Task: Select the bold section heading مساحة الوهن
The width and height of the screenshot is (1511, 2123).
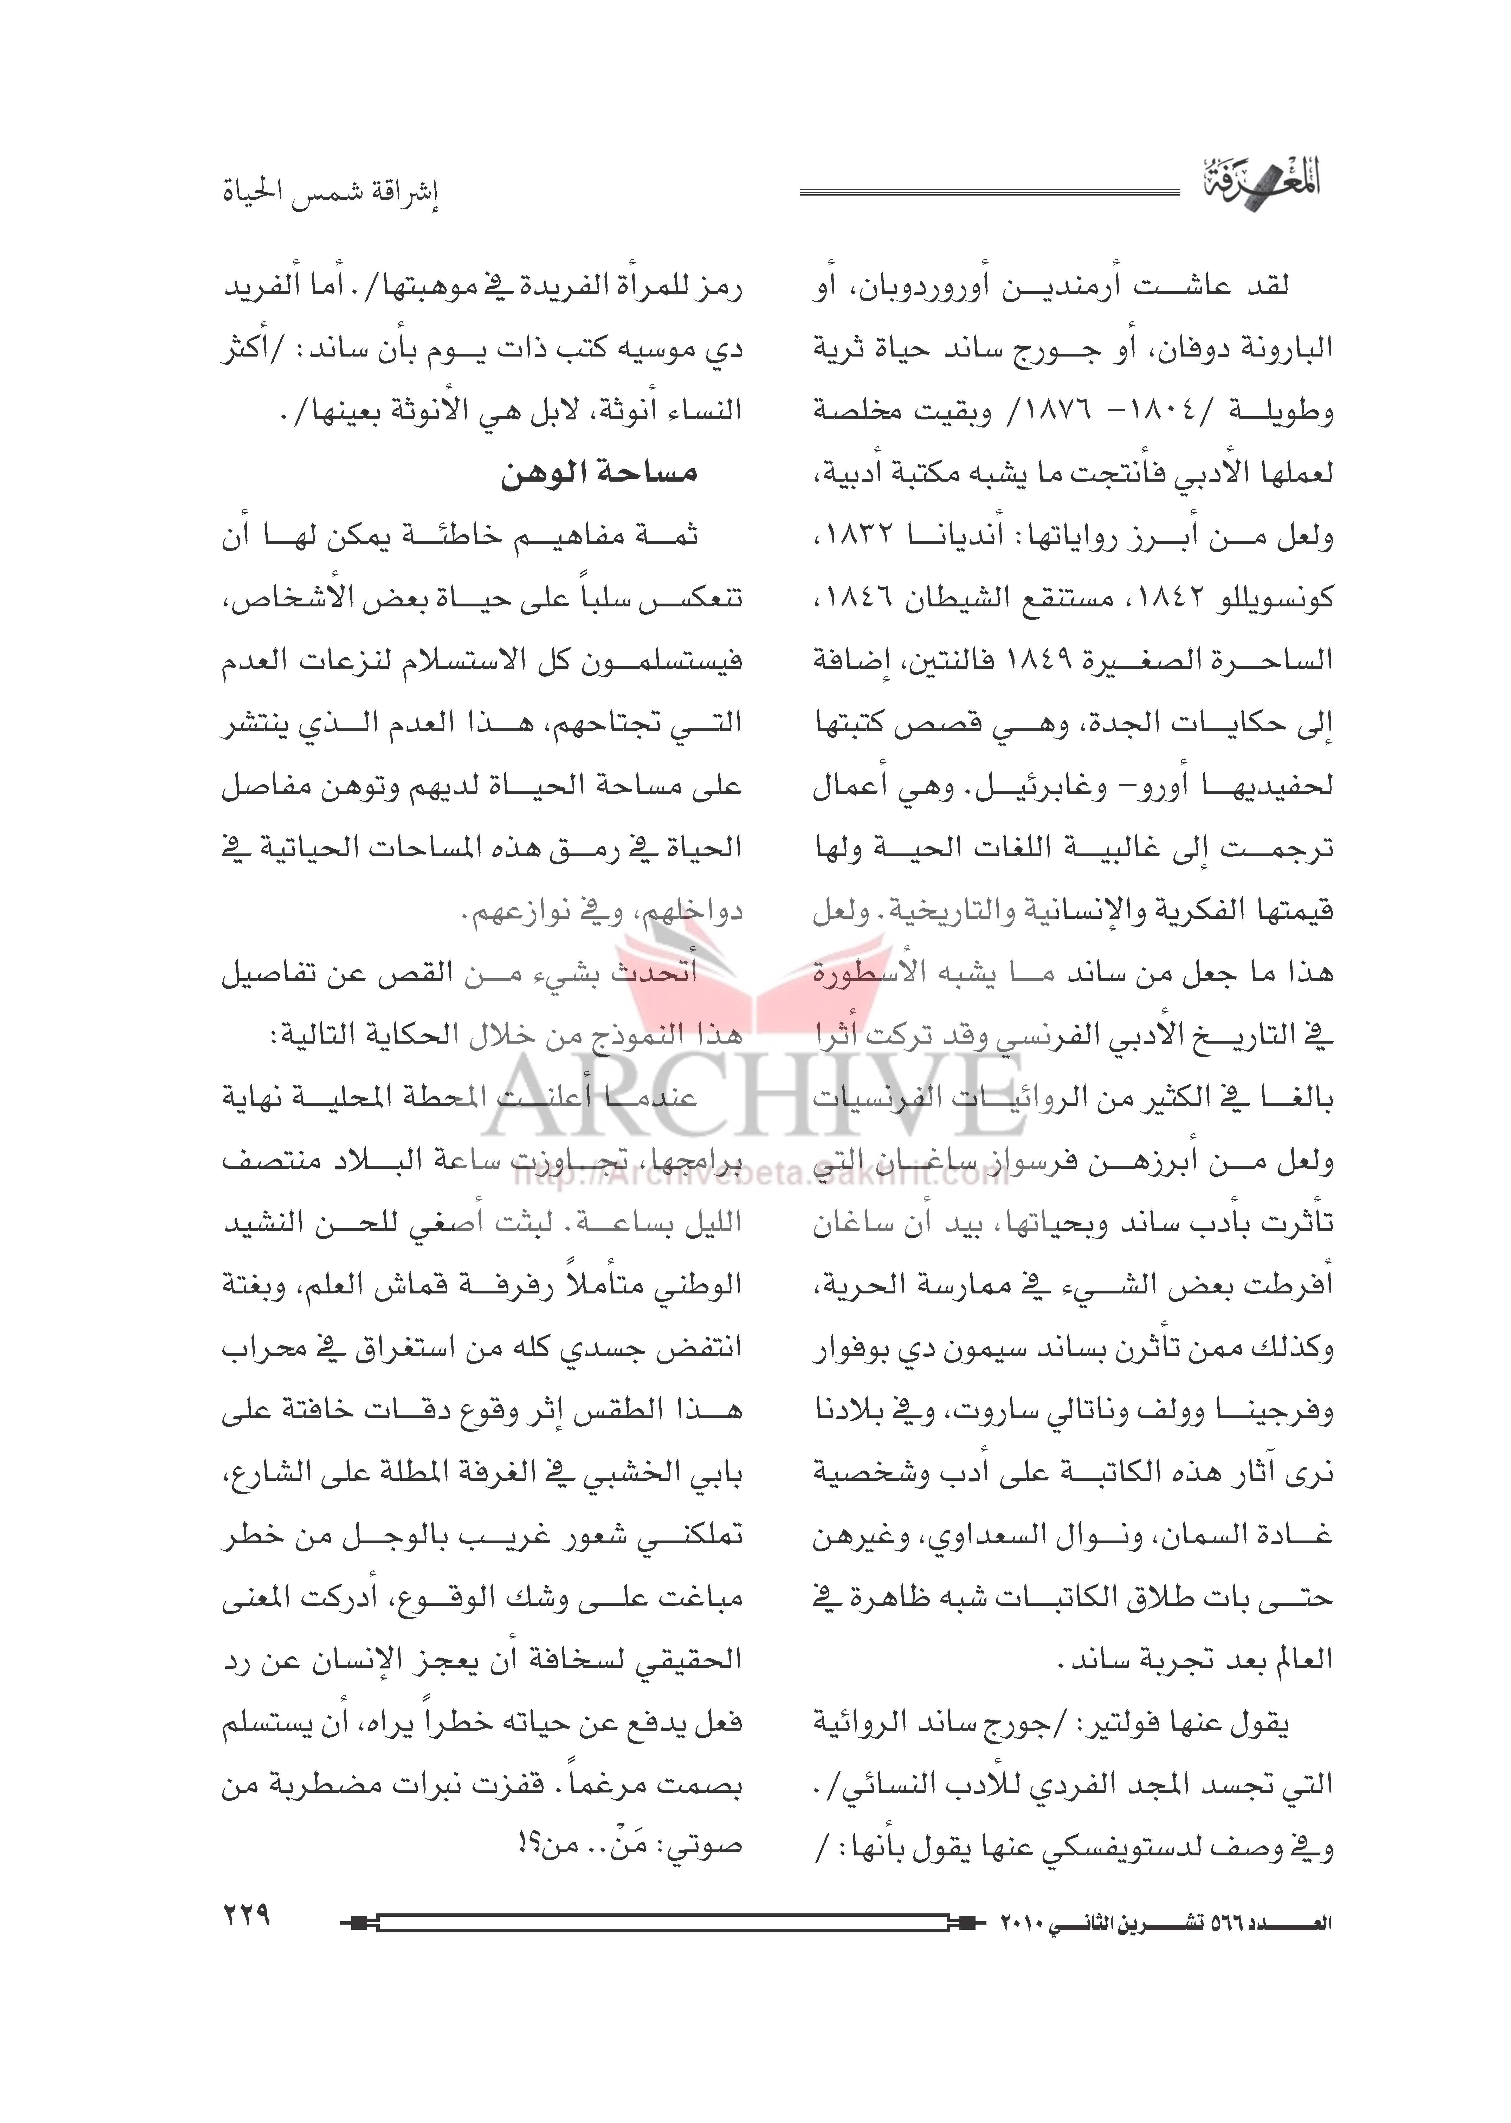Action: pos(598,474)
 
